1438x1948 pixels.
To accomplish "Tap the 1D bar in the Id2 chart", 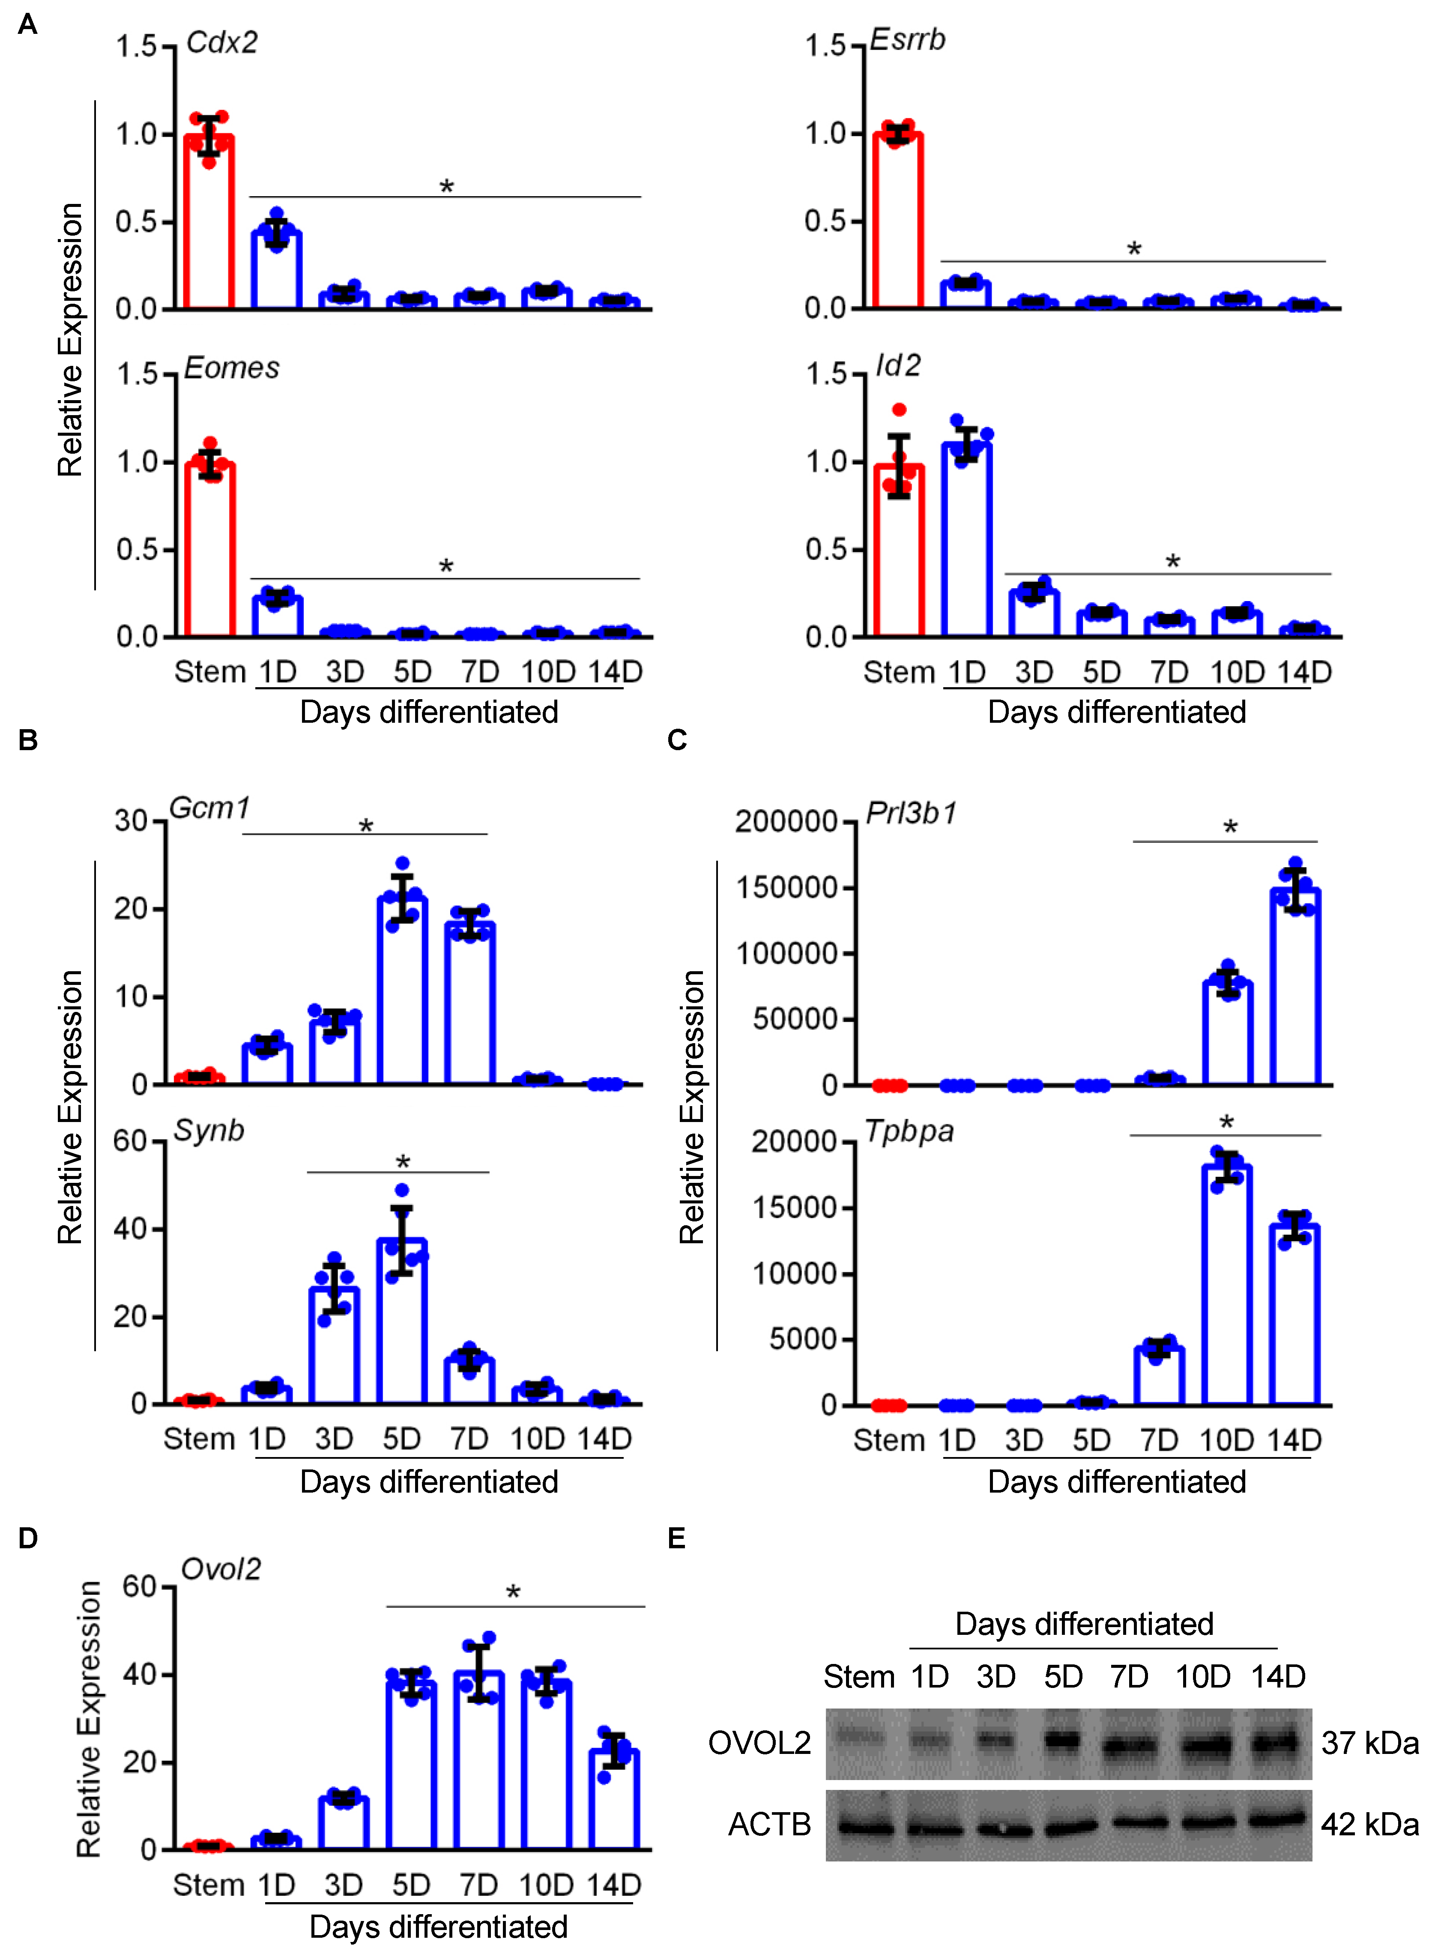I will point(966,540).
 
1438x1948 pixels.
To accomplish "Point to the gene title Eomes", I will point(232,368).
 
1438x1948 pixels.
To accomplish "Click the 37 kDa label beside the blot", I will point(1369,1743).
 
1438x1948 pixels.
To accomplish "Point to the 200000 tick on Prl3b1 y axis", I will point(785,821).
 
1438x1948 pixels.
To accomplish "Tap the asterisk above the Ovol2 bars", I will point(513,1593).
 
